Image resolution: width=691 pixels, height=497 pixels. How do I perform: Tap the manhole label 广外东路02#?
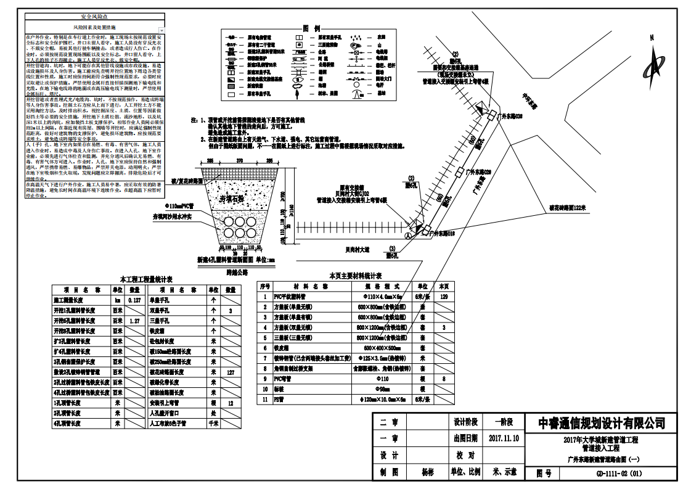(479, 171)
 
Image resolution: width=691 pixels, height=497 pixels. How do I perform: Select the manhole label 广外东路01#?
(443, 234)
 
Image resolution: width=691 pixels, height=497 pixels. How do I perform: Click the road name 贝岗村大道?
(358, 250)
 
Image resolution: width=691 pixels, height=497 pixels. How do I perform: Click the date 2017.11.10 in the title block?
(503, 439)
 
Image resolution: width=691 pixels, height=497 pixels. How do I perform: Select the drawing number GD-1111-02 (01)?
(619, 473)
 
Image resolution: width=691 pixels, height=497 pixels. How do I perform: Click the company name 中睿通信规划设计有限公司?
(602, 422)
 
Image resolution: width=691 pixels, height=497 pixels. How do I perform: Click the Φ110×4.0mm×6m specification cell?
(380, 297)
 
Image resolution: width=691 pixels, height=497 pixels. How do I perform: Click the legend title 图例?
(311, 29)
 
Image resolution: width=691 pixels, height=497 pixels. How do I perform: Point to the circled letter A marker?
(407, 236)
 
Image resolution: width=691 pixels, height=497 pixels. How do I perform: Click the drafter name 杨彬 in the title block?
(428, 472)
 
